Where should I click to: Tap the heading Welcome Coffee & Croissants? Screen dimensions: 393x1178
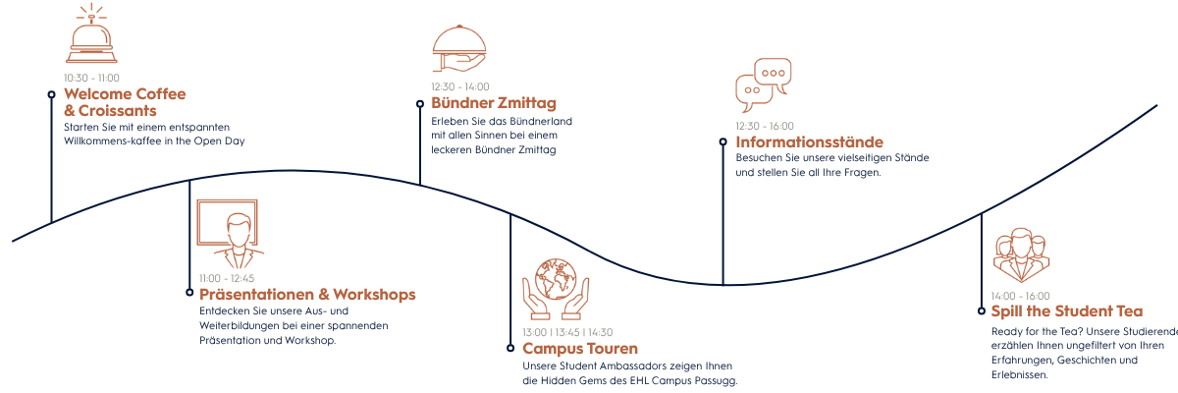125,102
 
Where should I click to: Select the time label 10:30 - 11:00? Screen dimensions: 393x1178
91,78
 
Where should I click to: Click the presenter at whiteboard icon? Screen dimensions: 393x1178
229,234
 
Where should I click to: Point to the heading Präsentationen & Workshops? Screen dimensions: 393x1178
307,295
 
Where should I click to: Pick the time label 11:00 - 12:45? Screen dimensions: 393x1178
227,278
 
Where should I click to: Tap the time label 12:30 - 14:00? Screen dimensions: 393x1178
459,86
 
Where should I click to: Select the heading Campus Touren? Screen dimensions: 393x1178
580,349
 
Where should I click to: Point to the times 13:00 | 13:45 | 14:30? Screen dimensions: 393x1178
567,332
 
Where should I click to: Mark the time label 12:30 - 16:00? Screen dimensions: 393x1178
765,126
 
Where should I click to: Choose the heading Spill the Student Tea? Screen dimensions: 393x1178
1067,311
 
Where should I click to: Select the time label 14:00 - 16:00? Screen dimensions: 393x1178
1020,296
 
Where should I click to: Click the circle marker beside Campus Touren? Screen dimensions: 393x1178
510,348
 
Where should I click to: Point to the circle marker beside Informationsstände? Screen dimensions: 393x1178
723,142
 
